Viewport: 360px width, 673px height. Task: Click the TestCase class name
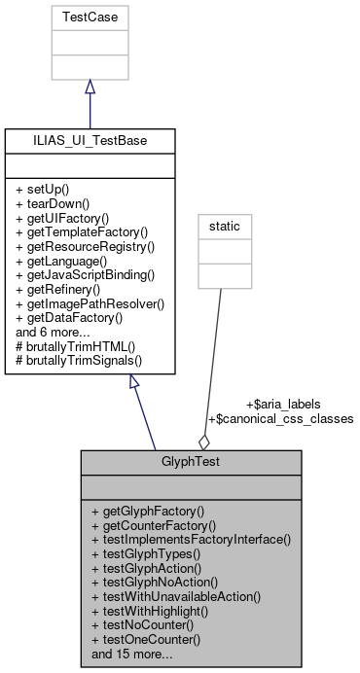click(x=90, y=17)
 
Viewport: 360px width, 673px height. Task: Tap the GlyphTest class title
click(x=191, y=462)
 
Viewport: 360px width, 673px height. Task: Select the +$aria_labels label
click(x=283, y=403)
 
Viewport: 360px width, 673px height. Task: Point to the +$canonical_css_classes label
click(x=281, y=418)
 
